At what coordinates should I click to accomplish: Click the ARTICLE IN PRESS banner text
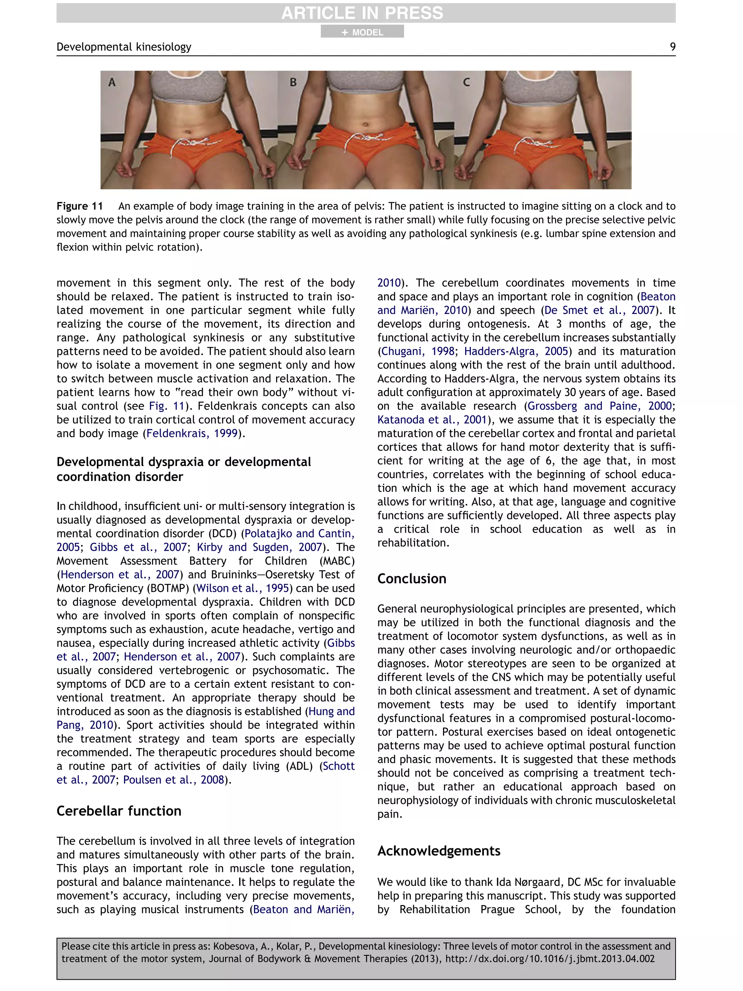tap(362, 13)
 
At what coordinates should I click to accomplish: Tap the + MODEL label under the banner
tap(362, 32)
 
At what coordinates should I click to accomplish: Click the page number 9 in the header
tap(672, 46)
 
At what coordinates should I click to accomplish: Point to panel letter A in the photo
tap(112, 82)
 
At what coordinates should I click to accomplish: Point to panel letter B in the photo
tap(293, 82)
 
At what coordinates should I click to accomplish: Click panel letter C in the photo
tap(467, 82)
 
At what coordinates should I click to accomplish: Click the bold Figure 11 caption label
tap(80, 206)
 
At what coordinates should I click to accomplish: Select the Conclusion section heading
tap(411, 579)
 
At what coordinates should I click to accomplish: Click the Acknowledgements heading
tap(439, 851)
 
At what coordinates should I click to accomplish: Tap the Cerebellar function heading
tap(119, 811)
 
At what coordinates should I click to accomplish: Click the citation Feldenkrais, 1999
tap(192, 434)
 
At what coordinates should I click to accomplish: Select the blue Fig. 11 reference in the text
tap(167, 406)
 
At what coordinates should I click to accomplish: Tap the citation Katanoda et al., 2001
tap(432, 420)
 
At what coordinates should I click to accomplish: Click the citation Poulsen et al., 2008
tap(173, 780)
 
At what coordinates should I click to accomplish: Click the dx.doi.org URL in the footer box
tap(550, 959)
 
